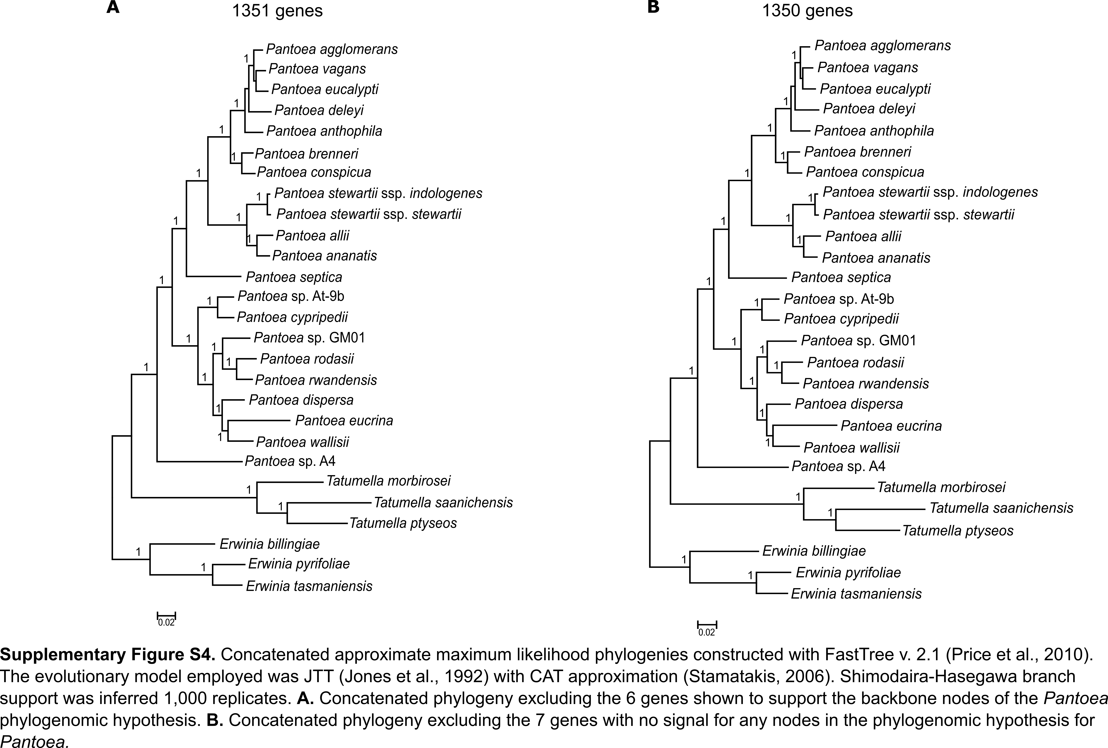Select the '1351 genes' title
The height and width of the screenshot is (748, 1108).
click(x=278, y=11)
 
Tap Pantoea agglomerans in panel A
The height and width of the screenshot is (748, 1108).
click(x=332, y=49)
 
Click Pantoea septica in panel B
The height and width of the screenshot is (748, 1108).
click(x=841, y=277)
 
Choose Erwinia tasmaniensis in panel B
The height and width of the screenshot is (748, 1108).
click(x=856, y=594)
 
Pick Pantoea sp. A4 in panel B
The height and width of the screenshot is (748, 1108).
click(x=838, y=466)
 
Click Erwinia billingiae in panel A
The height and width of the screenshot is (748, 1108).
click(x=269, y=544)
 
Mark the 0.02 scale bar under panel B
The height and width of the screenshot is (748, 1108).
click(x=707, y=628)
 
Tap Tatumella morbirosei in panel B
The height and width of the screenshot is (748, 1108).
click(x=941, y=487)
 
